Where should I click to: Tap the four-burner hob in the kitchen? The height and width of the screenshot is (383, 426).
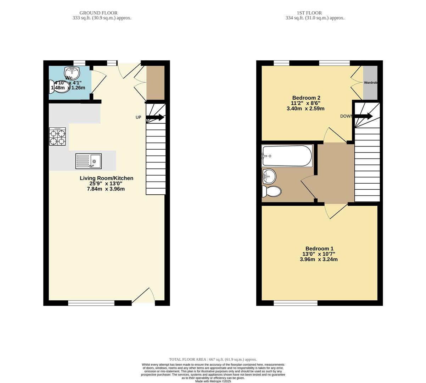point(57,137)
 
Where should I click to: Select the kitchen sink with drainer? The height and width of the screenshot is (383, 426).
point(88,161)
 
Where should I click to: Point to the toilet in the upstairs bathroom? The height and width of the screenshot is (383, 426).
point(271,192)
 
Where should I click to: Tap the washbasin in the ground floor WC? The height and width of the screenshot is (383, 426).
point(72,73)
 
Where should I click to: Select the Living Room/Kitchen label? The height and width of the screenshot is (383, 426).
point(106,178)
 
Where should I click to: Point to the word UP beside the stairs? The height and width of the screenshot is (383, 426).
point(139,117)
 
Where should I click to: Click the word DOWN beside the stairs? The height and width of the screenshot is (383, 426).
point(346,116)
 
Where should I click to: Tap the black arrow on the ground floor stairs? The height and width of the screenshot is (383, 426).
point(155,117)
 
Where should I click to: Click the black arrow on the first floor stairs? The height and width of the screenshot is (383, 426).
point(364,116)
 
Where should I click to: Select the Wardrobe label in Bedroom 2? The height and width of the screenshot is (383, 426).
point(370,83)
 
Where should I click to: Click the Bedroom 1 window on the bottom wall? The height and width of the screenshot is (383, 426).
point(296,303)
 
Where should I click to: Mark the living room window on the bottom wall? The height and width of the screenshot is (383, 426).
point(91,303)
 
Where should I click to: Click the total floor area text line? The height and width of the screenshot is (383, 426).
point(213,359)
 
